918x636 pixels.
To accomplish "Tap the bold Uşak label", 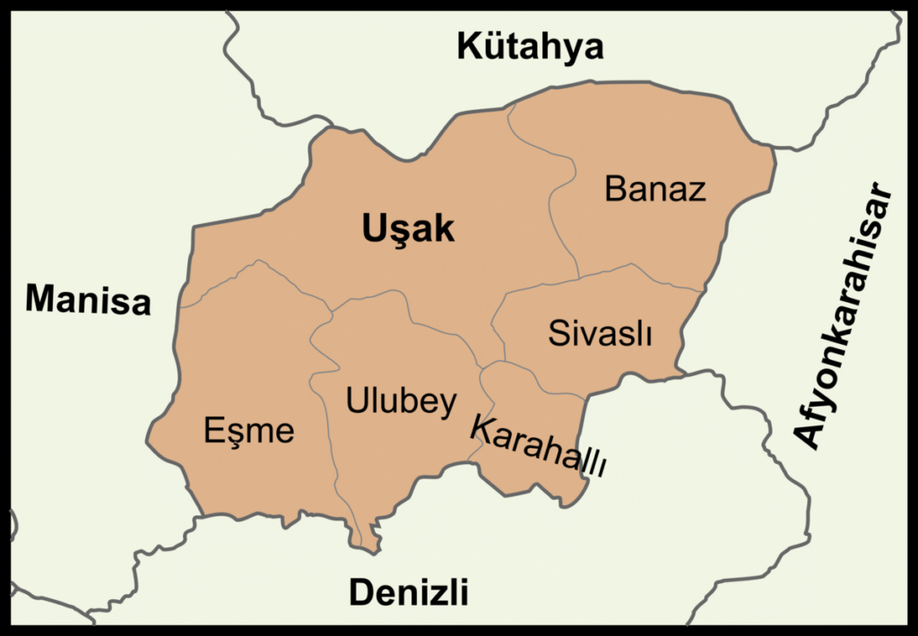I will [x=408, y=230].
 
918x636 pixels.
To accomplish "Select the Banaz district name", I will [x=655, y=189].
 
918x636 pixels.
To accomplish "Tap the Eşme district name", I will [x=248, y=431].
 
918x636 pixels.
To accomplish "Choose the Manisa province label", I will [x=88, y=299].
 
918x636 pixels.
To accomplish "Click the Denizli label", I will [x=408, y=591].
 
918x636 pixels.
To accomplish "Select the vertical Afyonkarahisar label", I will [x=844, y=317].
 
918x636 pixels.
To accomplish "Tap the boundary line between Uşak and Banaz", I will [x=565, y=206].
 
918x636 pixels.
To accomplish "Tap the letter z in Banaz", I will [x=696, y=191].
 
